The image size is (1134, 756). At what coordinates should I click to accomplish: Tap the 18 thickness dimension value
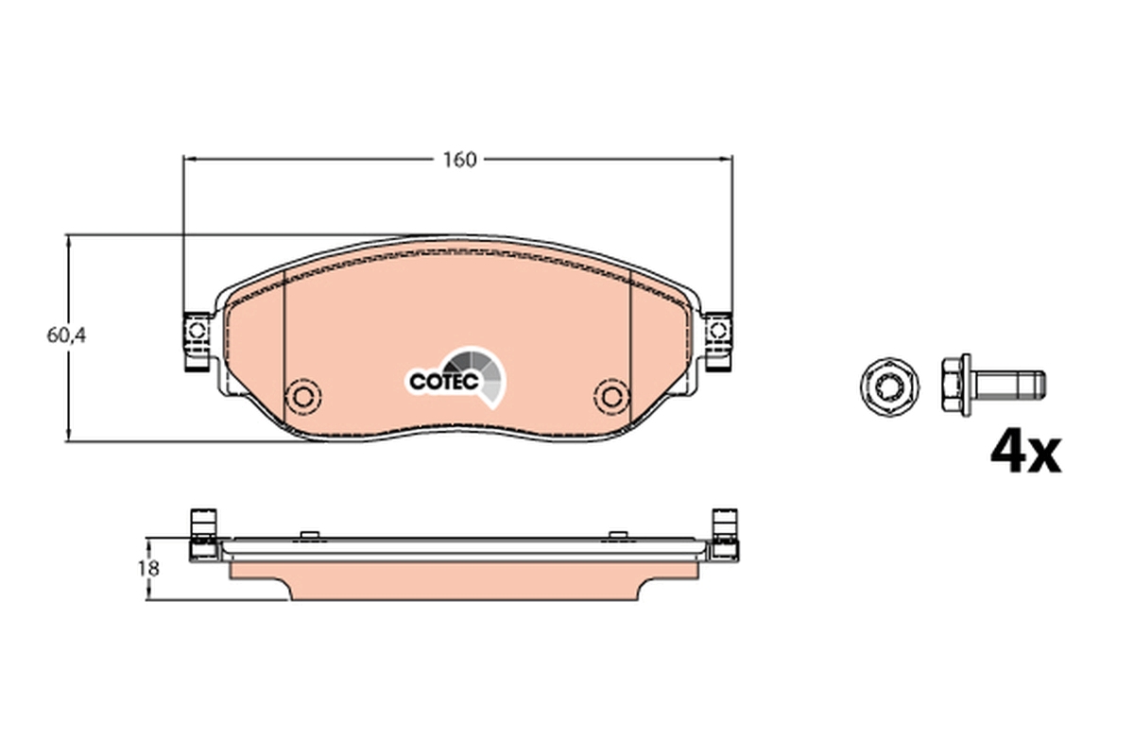click(148, 569)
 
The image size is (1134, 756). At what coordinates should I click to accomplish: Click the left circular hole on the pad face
click(305, 394)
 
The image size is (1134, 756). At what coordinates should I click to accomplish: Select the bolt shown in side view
click(992, 384)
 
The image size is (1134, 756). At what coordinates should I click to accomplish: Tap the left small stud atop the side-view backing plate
click(306, 535)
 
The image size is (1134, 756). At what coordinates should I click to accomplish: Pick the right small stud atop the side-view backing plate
click(618, 535)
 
